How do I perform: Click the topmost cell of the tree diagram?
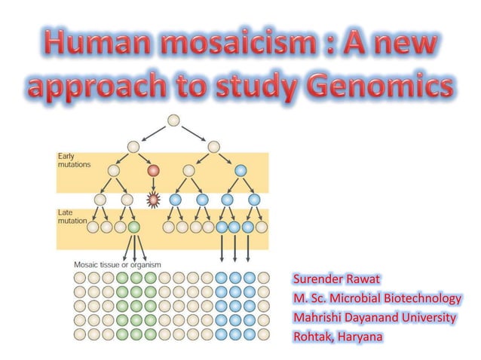coord(175,120)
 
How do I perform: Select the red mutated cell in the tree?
coord(154,171)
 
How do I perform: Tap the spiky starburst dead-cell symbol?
coord(154,200)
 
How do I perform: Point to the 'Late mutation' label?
coord(73,217)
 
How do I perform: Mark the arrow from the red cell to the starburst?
coord(154,185)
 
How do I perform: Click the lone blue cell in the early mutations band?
coord(240,171)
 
